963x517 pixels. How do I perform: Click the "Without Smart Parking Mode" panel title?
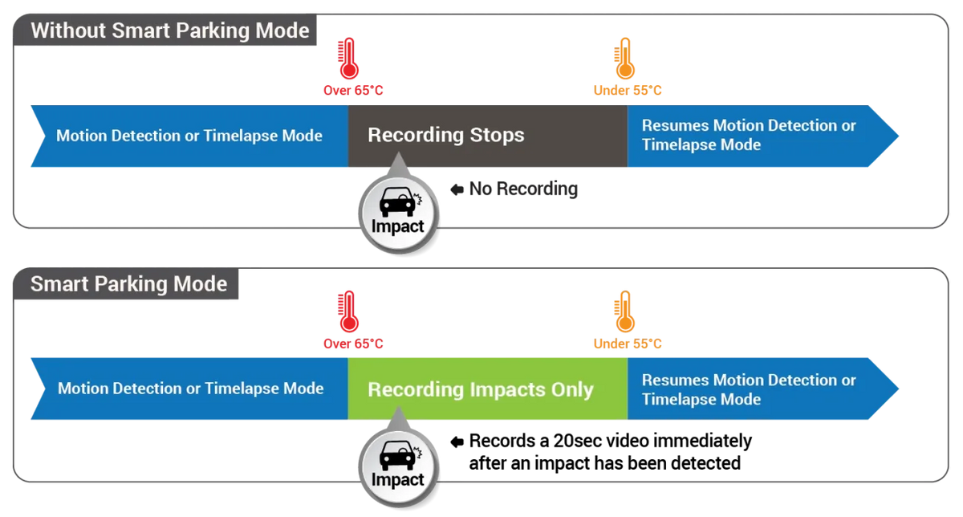(x=169, y=31)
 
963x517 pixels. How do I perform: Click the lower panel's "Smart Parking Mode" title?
(x=128, y=284)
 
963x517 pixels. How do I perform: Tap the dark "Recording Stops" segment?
(x=487, y=136)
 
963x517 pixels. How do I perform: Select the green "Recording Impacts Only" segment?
(x=487, y=390)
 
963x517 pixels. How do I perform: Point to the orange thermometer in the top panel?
(x=624, y=60)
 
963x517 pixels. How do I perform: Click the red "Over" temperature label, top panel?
(x=353, y=91)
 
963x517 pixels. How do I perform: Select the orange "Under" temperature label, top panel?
(x=628, y=91)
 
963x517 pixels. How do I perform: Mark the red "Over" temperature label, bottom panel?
(x=353, y=344)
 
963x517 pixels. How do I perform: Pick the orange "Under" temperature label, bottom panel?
(x=628, y=344)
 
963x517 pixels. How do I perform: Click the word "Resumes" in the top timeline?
(x=676, y=126)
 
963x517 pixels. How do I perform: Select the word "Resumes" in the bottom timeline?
(x=676, y=381)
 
